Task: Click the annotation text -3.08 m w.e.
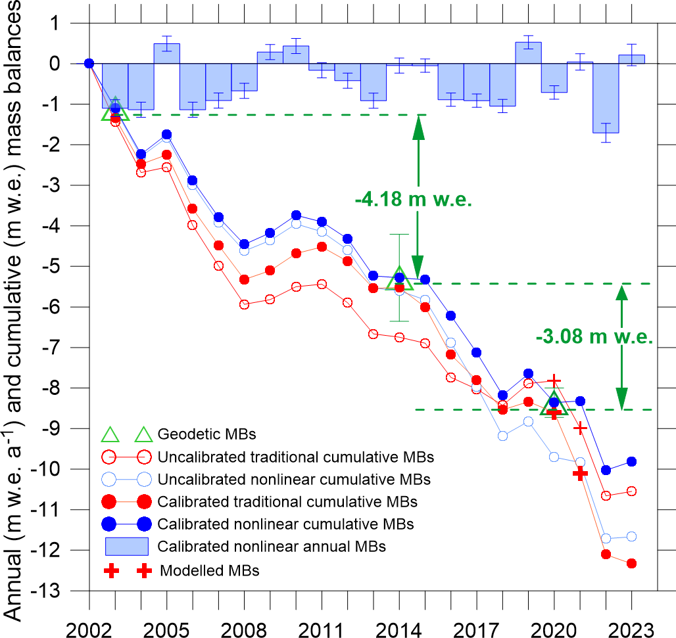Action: coord(594,338)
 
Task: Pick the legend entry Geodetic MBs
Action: coord(195,434)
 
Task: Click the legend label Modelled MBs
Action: coord(210,570)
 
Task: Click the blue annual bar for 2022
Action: coord(606,98)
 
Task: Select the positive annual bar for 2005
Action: coord(167,53)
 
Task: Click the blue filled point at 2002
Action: coord(89,64)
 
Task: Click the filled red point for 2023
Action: coord(631,563)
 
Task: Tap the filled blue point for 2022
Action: coord(606,470)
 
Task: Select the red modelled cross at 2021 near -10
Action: coord(580,473)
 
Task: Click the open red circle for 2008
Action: coord(244,304)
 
